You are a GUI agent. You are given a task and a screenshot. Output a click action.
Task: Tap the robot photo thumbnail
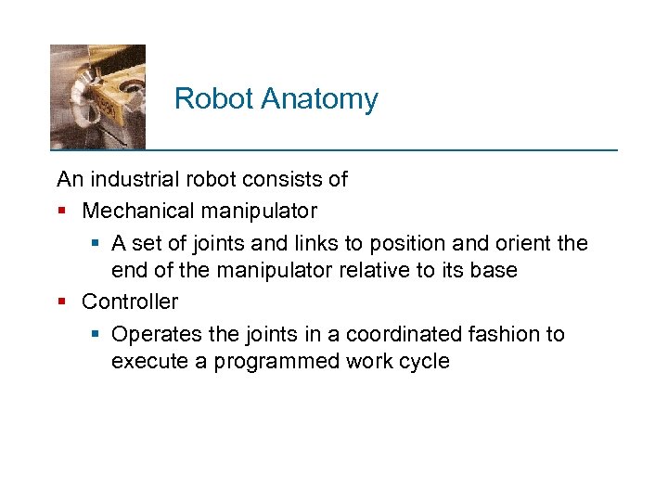tap(97, 96)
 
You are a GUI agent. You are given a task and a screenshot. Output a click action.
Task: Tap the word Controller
tap(130, 302)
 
